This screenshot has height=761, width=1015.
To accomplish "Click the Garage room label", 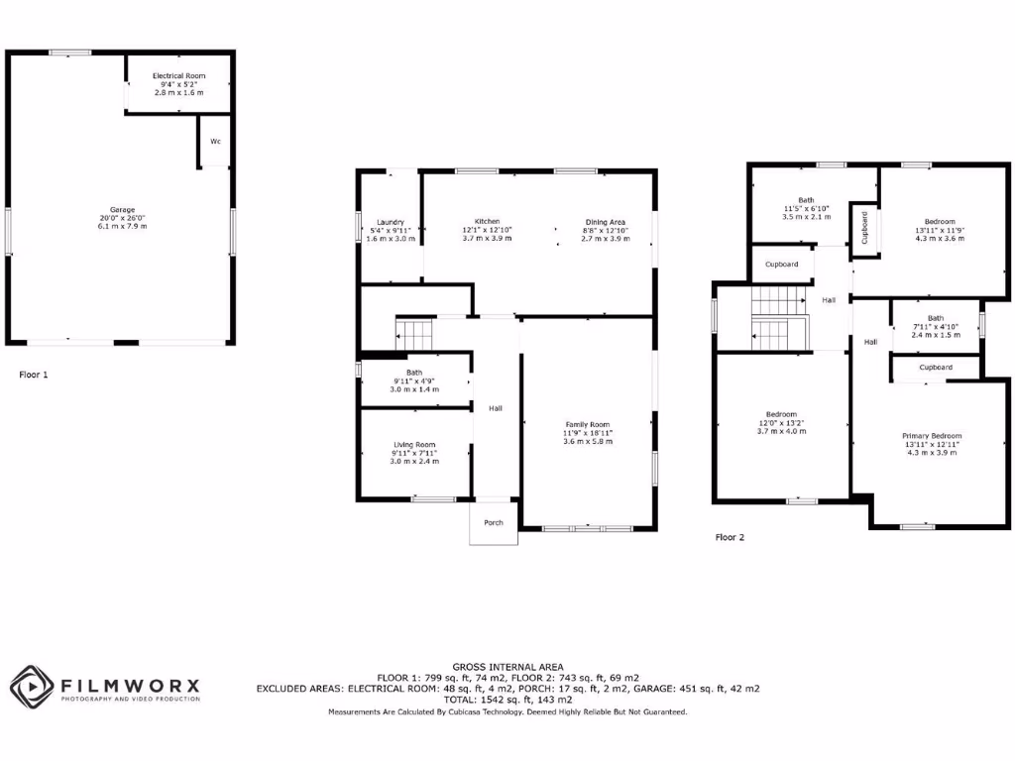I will point(122,210).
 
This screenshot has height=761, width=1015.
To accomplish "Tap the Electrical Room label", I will point(178,76).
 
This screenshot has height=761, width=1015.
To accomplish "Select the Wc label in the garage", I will point(215,142).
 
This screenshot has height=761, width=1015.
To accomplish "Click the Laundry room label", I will point(391,222).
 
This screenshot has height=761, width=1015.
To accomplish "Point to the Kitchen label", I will point(487,221).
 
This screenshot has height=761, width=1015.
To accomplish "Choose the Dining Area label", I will point(605,221).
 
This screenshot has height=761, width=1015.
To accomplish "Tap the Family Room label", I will point(588,424).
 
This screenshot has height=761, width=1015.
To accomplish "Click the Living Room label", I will point(413,445).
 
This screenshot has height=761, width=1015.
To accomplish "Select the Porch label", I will point(494,522).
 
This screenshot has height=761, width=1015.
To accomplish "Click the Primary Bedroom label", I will point(932,436).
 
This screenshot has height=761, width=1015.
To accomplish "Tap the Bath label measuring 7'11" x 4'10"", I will point(936,318).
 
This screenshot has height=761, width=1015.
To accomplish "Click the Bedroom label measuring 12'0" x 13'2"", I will point(781,414).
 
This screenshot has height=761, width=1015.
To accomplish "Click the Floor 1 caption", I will point(34,375).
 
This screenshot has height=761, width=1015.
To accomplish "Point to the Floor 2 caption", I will point(730,537).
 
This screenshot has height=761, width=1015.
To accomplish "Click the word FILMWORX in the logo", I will point(130,685).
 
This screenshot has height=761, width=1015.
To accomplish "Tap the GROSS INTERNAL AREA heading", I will point(507,666).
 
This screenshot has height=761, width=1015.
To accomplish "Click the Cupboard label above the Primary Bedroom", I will point(936,367).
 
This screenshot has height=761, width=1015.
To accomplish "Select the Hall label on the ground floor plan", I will point(495,407).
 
